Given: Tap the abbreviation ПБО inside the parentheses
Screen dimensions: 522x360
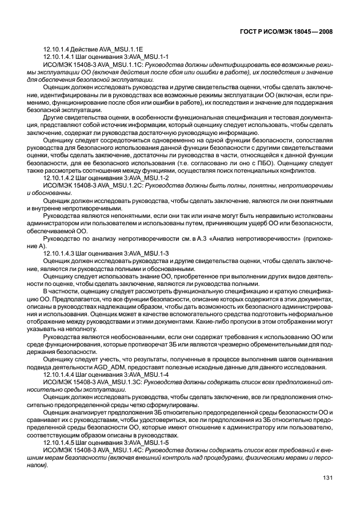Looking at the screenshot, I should pos(247,162).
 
